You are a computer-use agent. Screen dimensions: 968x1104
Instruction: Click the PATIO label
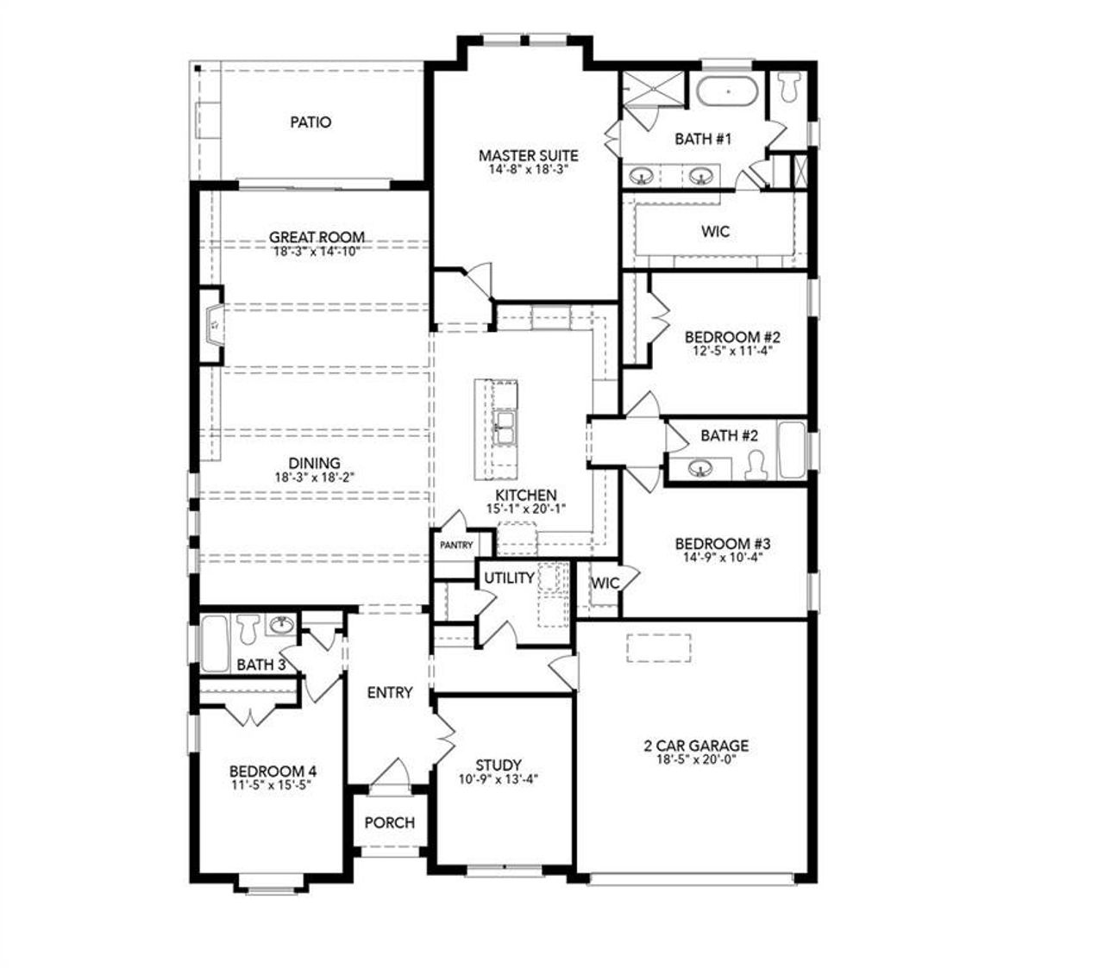(310, 122)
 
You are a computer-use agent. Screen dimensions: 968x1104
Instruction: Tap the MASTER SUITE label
(528, 155)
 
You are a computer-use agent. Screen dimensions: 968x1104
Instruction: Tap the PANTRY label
(456, 545)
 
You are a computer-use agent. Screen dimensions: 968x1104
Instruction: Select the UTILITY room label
(508, 578)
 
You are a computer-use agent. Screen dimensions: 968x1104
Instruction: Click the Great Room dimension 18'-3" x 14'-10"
(316, 252)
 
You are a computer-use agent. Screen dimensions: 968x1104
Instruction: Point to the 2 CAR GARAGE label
(695, 746)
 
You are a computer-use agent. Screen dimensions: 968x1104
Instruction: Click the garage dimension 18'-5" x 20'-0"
(695, 760)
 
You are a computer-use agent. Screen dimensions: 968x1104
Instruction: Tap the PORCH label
(389, 822)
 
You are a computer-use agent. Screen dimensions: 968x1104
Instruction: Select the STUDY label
(499, 765)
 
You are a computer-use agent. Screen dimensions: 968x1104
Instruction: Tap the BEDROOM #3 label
(722, 544)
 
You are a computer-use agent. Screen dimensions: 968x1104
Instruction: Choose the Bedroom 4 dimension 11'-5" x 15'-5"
(267, 785)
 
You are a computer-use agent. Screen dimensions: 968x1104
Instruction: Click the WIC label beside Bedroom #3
(605, 583)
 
